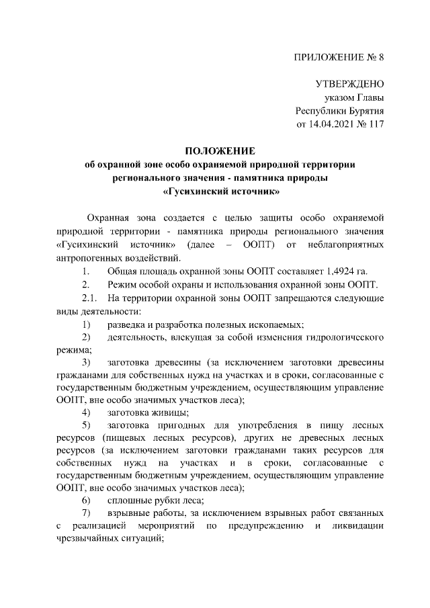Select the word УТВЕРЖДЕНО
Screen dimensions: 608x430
point(349,84)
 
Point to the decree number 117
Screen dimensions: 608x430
point(375,124)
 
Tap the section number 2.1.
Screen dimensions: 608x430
point(89,316)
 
